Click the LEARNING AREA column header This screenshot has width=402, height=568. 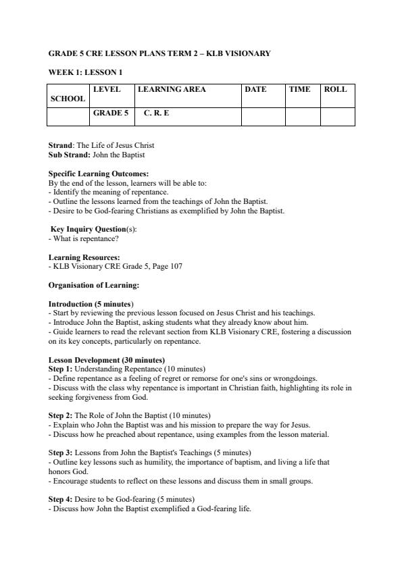[x=172, y=89]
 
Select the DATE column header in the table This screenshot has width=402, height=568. [x=255, y=89]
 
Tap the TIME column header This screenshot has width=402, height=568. [x=299, y=89]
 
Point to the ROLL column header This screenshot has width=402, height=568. [x=335, y=89]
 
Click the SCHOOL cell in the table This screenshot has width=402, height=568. [x=68, y=99]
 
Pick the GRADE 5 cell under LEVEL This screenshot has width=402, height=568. [x=110, y=113]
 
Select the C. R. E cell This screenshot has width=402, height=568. [x=156, y=113]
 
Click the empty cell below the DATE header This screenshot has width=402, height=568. [x=263, y=116]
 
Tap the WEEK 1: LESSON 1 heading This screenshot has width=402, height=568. [x=85, y=72]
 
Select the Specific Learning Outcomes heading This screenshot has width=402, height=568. [x=99, y=174]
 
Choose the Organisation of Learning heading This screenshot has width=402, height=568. [x=94, y=285]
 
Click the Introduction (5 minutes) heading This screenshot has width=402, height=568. [x=91, y=304]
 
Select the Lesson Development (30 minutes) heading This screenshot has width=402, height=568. [x=107, y=360]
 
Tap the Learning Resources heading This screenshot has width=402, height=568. [x=84, y=257]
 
